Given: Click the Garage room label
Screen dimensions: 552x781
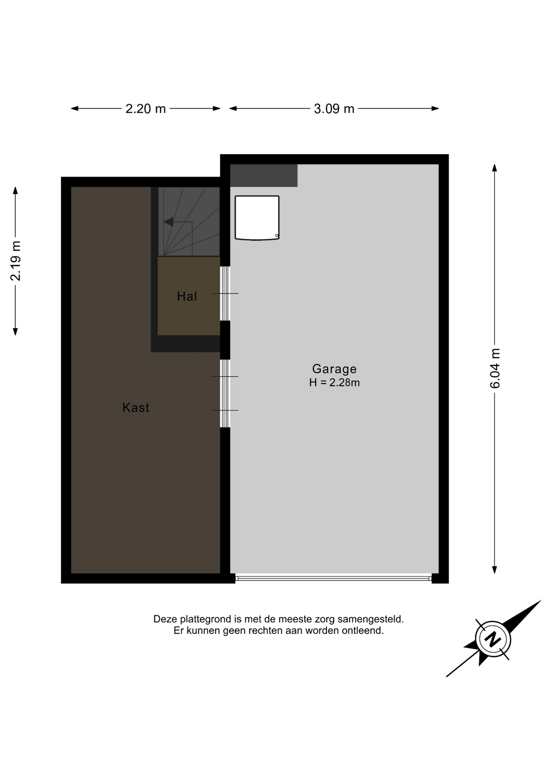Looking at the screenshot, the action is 334,369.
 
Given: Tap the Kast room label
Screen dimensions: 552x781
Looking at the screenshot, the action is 136,408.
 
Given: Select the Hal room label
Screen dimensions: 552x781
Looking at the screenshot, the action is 187,296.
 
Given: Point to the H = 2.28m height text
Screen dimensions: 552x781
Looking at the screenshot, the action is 334,382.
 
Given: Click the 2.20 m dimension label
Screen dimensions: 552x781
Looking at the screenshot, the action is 146,109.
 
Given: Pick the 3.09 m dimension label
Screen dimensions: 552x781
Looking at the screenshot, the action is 334,109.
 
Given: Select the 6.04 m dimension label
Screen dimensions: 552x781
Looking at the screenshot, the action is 495,369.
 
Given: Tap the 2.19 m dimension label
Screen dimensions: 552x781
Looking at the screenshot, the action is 15,261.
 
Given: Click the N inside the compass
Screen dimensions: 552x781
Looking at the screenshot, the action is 493,639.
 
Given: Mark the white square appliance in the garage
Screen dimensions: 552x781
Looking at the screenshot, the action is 257,218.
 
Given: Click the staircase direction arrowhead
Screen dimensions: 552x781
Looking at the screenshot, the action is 168,222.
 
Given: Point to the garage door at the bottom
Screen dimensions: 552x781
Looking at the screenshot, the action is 333,578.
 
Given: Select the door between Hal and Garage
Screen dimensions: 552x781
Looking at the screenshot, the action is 225,293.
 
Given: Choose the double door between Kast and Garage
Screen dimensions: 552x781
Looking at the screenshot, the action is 225,393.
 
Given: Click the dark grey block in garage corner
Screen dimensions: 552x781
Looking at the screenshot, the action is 264,175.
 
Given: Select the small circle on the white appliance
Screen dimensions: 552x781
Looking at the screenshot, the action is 277,236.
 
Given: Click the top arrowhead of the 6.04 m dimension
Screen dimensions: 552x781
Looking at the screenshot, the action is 495,168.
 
